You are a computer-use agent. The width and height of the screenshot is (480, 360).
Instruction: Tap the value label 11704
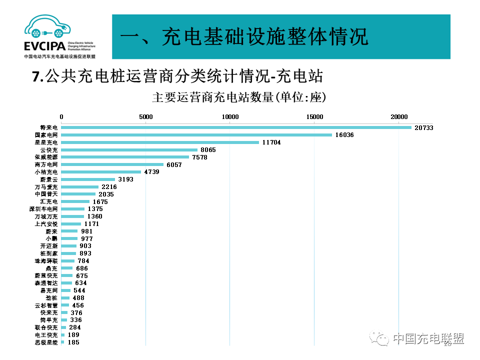pyautogui.click(x=271, y=142)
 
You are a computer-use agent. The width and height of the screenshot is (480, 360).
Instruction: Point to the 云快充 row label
pyautogui.click(x=49, y=150)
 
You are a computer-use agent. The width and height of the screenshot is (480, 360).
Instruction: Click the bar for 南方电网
pyautogui.click(x=112, y=164)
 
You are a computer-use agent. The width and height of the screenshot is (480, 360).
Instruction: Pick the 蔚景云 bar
pyautogui.click(x=88, y=179)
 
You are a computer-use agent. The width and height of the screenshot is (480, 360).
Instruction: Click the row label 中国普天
pyautogui.click(x=46, y=194)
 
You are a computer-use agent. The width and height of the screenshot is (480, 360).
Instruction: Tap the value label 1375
pyautogui.click(x=95, y=209)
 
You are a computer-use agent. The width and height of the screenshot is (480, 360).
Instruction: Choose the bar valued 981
pyautogui.click(x=69, y=231)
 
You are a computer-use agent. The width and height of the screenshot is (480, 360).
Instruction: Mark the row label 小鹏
pyautogui.click(x=52, y=238)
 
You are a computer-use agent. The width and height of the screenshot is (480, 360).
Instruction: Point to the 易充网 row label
pyautogui.click(x=49, y=290)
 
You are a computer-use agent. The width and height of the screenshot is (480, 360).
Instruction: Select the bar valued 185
pyautogui.click(x=62, y=342)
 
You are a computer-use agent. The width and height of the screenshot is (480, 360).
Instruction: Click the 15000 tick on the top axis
pyautogui.click(x=314, y=117)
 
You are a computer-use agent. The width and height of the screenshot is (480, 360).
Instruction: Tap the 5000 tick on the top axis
pyautogui.click(x=145, y=117)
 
